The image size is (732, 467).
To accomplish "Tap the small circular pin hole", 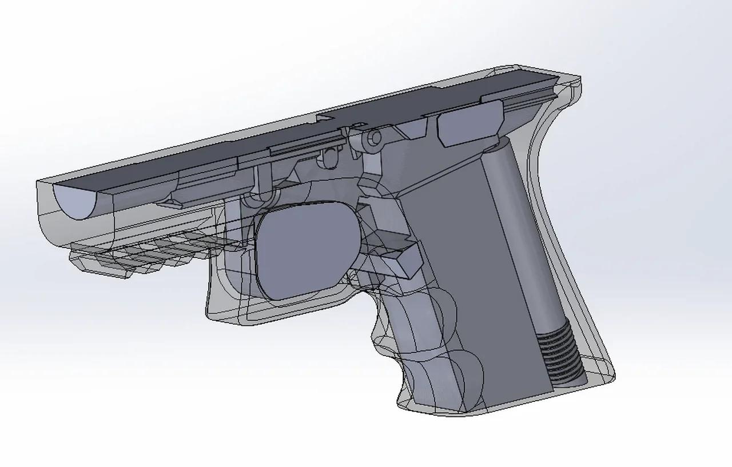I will [375, 138].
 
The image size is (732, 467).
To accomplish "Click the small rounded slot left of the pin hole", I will [330, 158].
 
